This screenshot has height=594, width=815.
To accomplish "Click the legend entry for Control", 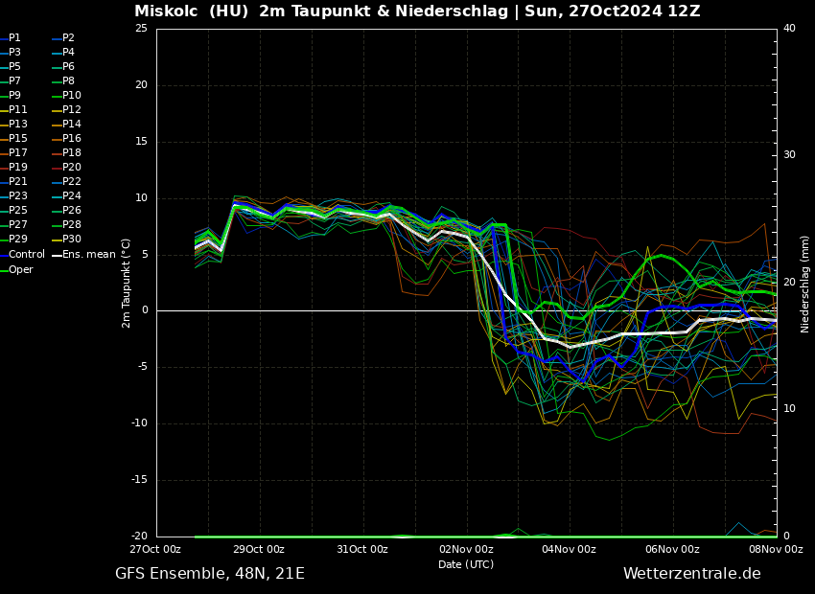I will click(26, 254).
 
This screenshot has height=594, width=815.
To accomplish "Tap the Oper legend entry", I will click(20, 269).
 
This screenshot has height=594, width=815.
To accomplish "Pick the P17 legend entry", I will click(18, 153).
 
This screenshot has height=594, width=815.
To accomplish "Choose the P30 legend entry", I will click(72, 240).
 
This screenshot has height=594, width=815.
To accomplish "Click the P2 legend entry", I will click(68, 38).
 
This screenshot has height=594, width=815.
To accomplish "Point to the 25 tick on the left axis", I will click(141, 29).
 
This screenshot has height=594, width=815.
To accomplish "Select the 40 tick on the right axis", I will click(789, 29).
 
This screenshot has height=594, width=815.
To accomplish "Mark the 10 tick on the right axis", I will click(789, 409).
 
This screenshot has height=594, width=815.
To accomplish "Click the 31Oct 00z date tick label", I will click(362, 550).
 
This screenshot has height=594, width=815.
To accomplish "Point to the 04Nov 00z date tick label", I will click(570, 550).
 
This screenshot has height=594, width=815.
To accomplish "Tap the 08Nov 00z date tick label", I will click(777, 550).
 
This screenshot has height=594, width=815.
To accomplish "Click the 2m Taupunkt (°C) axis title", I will click(127, 283).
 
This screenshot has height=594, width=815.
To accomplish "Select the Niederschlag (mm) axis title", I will click(805, 283).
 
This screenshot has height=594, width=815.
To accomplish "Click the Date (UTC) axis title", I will click(466, 565).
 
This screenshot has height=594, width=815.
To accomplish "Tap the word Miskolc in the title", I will click(166, 11).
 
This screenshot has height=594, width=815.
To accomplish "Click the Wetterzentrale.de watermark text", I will click(691, 574).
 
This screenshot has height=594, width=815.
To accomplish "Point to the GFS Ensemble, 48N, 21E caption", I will click(210, 574).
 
